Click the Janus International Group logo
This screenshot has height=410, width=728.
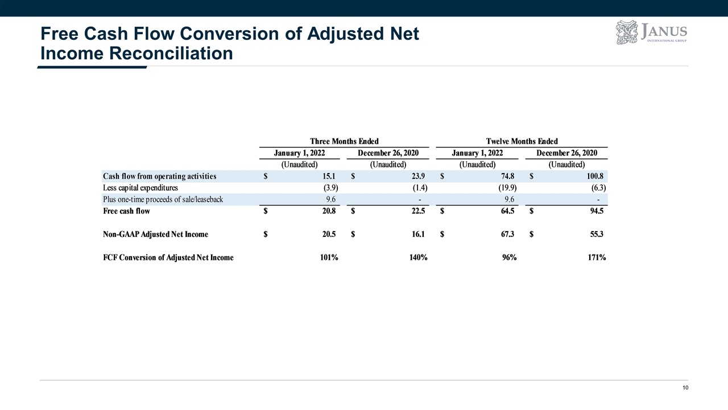tap(651, 32)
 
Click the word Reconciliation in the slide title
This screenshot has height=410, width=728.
tap(171, 54)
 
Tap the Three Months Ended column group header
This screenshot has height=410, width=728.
tap(344, 141)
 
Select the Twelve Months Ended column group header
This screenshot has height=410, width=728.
tap(522, 141)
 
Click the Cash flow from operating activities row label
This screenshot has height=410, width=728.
tap(160, 177)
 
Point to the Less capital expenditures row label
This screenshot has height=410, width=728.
tap(140, 188)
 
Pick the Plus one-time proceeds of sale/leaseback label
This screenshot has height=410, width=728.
tap(163, 199)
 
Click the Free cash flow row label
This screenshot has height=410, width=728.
tap(126, 211)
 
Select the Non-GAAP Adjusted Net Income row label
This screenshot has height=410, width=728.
tap(155, 234)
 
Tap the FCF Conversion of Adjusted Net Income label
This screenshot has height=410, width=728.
tap(168, 258)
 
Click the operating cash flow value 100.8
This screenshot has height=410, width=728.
tap(595, 177)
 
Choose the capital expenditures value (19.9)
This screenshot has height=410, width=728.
tap(507, 188)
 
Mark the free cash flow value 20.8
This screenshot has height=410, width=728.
tap(329, 211)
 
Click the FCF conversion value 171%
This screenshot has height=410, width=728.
tap(597, 258)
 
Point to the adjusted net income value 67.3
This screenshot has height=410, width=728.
tap(507, 234)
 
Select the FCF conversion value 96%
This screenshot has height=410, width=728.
tap(509, 258)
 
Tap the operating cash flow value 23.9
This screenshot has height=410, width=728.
tap(418, 177)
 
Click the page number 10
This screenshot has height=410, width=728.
tap(685, 388)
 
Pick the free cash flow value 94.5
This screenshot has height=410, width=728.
tap(597, 211)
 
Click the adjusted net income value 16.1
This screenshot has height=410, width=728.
tap(418, 234)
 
